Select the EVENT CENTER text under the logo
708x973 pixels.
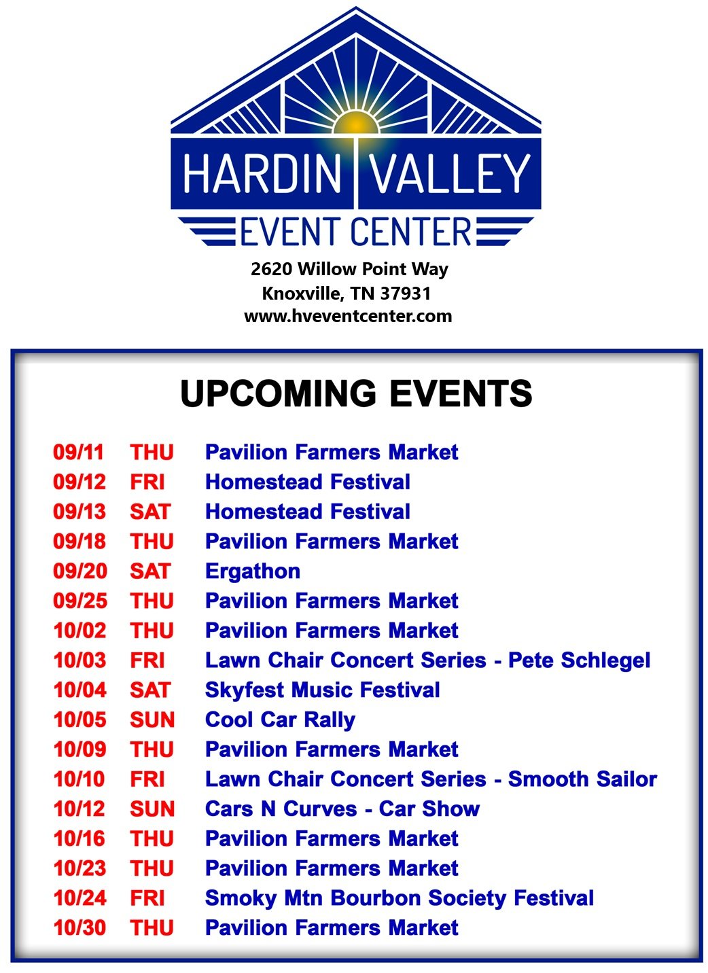[355, 232]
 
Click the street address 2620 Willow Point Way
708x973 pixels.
[349, 270]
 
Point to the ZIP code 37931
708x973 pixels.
[405, 294]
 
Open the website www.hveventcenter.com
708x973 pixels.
[348, 316]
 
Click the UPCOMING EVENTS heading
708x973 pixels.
[356, 393]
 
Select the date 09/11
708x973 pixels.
[78, 452]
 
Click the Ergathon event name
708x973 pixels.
[252, 571]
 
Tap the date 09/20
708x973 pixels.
[80, 571]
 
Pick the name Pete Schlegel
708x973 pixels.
[579, 660]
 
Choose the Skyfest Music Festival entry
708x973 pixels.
[322, 690]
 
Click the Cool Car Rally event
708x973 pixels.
[280, 720]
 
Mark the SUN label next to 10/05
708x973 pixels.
[152, 720]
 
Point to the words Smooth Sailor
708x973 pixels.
[582, 779]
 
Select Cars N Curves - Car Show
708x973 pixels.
[342, 809]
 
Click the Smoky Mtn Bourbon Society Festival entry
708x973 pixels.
[399, 899]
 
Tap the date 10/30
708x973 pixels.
[79, 928]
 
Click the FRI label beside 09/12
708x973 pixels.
[147, 482]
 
